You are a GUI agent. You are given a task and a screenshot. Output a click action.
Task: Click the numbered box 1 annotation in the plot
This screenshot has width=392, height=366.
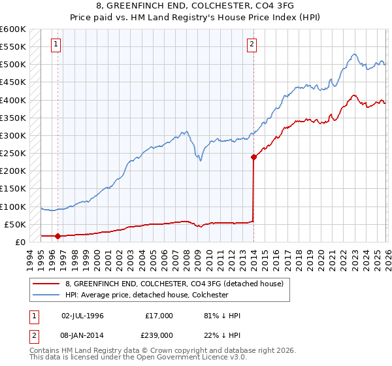click(x=57, y=44)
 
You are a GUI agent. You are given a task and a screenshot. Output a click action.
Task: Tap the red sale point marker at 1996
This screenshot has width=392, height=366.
click(x=57, y=236)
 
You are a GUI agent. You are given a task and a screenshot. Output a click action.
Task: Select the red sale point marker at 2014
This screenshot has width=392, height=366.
click(x=253, y=157)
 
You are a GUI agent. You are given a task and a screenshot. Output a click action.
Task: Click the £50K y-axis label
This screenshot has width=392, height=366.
click(x=15, y=224)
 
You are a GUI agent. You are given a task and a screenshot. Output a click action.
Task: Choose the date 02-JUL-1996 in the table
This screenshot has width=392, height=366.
click(x=82, y=315)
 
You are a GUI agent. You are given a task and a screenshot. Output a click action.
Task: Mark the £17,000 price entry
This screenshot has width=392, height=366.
click(x=159, y=315)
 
